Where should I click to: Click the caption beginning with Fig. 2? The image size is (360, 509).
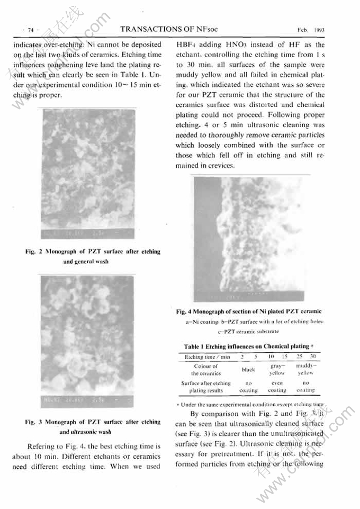click(93, 256)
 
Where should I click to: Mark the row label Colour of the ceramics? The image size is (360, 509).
click(206, 370)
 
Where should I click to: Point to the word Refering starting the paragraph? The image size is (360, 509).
click(47, 447)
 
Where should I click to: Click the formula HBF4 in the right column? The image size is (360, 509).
click(187, 46)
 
